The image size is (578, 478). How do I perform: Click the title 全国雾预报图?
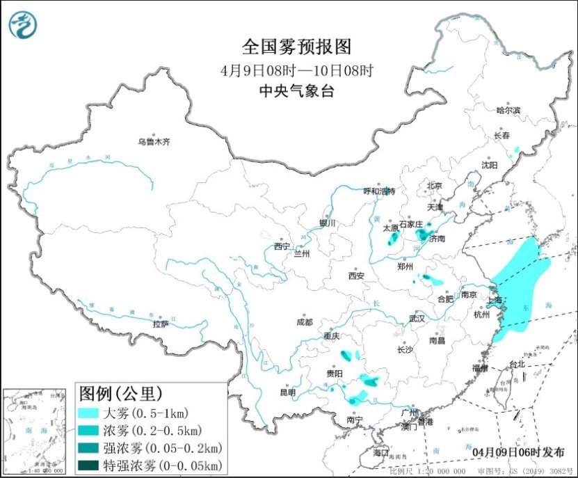(x=297, y=47)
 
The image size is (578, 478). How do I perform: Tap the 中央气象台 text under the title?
(x=297, y=90)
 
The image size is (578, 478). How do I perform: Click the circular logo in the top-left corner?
(x=23, y=25)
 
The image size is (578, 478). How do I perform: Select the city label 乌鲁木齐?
(x=153, y=142)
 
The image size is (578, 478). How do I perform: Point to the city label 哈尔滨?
(x=508, y=110)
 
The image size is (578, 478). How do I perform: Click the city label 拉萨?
(x=161, y=324)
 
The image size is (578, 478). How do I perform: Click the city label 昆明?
(x=287, y=392)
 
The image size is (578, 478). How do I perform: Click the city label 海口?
(x=380, y=452)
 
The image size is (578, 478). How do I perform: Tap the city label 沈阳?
(x=490, y=165)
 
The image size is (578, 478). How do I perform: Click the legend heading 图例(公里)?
(x=120, y=394)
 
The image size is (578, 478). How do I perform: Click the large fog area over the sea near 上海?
(x=522, y=285)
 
